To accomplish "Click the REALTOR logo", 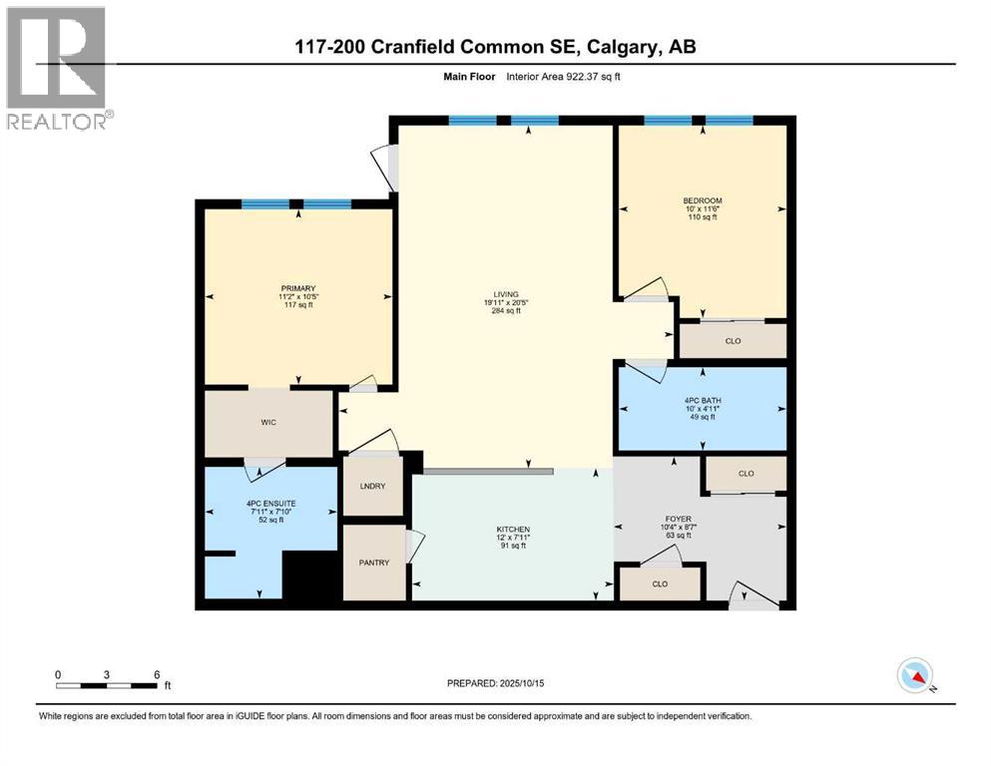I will (x=57, y=68).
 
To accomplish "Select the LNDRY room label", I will (x=372, y=486).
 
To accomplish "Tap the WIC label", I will (x=268, y=423).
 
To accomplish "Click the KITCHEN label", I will (x=513, y=529).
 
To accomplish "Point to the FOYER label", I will (x=677, y=519).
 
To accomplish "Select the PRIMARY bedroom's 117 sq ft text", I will (x=297, y=305).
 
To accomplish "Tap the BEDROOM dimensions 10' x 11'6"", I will (x=703, y=208).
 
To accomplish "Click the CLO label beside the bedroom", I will (x=733, y=340).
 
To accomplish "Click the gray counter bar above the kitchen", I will (x=487, y=471).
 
